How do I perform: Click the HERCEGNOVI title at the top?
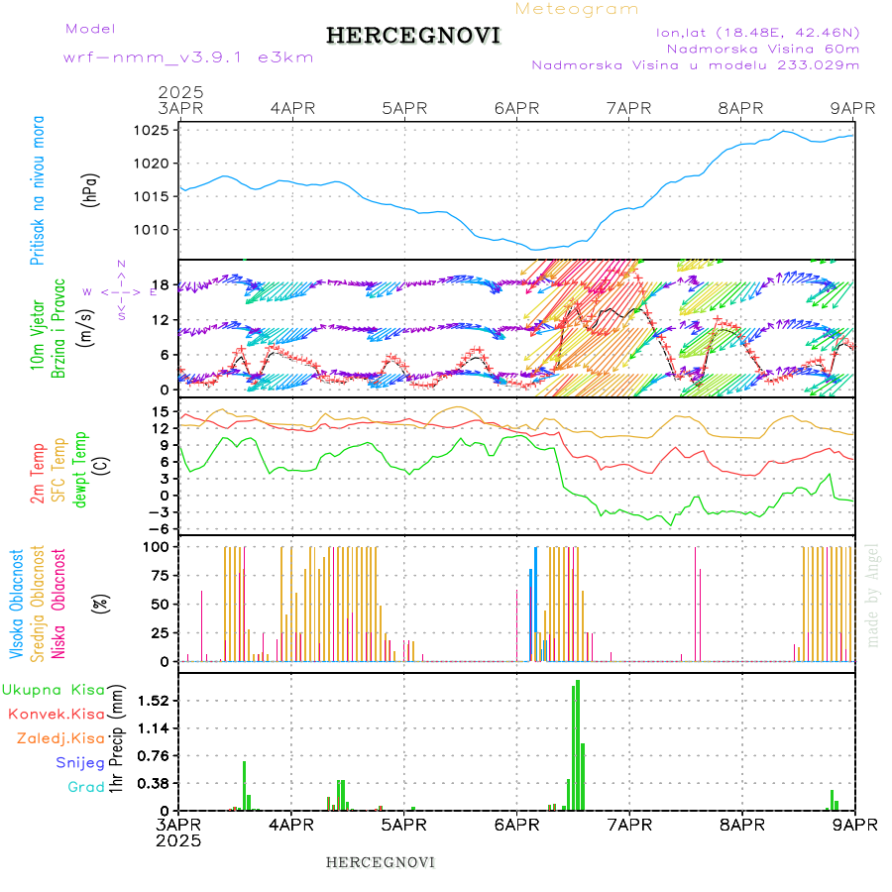coord(412,36)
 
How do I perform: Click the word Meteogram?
coord(577,9)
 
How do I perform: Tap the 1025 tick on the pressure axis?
coord(152,130)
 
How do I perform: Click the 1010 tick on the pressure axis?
coord(152,230)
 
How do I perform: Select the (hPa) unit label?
coord(91,189)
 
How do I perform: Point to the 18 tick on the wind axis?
coord(159,285)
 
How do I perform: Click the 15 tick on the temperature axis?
coord(159,411)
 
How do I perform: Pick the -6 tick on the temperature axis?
coord(157,528)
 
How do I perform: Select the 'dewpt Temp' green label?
coord(80,470)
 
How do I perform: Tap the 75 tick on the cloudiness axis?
coord(159,575)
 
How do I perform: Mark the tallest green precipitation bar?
coord(578,743)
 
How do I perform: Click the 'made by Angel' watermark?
coord(873,595)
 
